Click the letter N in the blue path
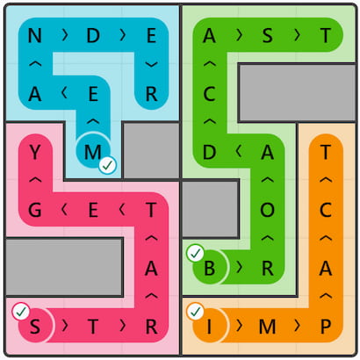(34, 36)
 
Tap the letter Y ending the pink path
(34, 152)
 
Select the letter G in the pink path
(34, 210)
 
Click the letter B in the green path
(209, 268)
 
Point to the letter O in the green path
(267, 210)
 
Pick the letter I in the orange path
(209, 327)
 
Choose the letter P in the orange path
(326, 327)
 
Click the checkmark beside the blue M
(108, 165)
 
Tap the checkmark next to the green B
(196, 253)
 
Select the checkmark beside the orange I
(196, 312)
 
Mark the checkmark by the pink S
(21, 312)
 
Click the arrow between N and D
(65, 35)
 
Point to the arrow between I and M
(240, 326)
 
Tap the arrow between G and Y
(35, 180)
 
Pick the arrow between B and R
(240, 268)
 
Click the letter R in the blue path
(151, 94)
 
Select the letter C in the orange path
(326, 210)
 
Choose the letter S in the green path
(267, 36)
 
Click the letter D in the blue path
(93, 36)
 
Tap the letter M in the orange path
(267, 327)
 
